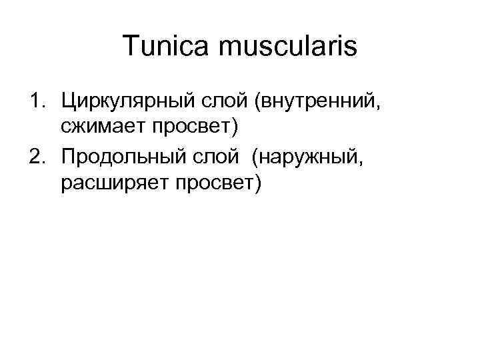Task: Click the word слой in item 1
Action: (x=216, y=101)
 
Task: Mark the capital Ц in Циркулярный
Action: (x=67, y=101)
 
